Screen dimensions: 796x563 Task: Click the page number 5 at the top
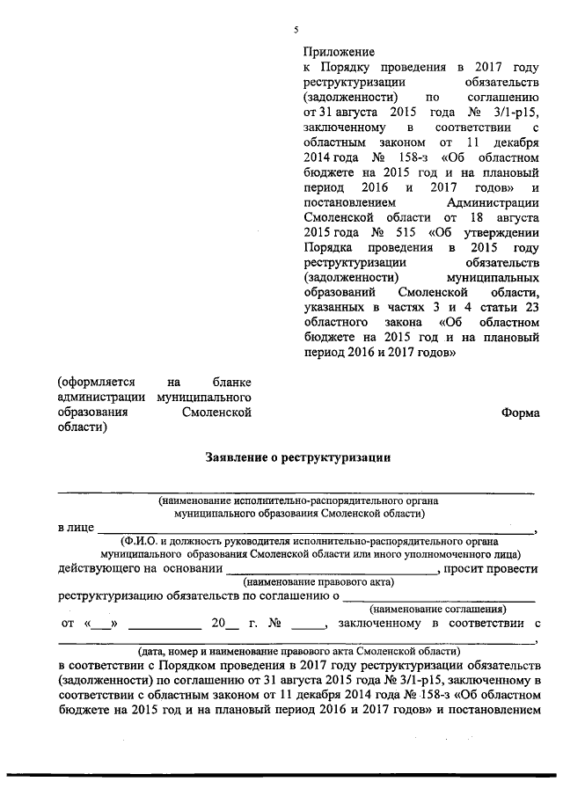click(x=296, y=32)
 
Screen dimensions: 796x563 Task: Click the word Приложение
click(x=339, y=52)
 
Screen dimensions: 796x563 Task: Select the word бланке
click(x=233, y=383)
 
